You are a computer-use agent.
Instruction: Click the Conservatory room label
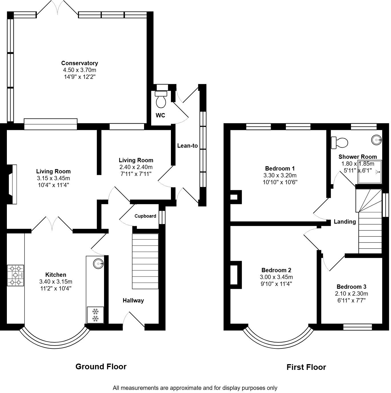[x=79, y=63]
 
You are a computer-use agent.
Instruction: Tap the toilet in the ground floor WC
[x=161, y=99]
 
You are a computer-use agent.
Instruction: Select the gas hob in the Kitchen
[x=15, y=275]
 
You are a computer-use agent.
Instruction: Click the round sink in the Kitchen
[x=98, y=264]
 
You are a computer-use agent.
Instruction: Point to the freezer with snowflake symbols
[x=95, y=315]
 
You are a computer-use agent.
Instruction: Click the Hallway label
[x=133, y=300]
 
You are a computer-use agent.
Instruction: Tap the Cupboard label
[x=145, y=216]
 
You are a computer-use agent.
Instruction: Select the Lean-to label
[x=187, y=146]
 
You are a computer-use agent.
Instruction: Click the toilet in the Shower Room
[x=339, y=143]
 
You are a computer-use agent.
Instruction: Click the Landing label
[x=345, y=221]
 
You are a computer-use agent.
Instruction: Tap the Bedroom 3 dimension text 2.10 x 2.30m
[x=351, y=294]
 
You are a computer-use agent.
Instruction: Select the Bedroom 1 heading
[x=280, y=169]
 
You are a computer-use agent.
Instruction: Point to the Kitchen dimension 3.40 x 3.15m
[x=56, y=282]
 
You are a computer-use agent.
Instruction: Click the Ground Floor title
[x=101, y=366]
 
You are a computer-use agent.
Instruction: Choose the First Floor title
[x=306, y=367]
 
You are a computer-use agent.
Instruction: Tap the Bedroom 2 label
[x=276, y=270]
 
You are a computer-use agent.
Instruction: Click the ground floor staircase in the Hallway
[x=145, y=261]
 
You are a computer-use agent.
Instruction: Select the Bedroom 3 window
[x=358, y=327]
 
